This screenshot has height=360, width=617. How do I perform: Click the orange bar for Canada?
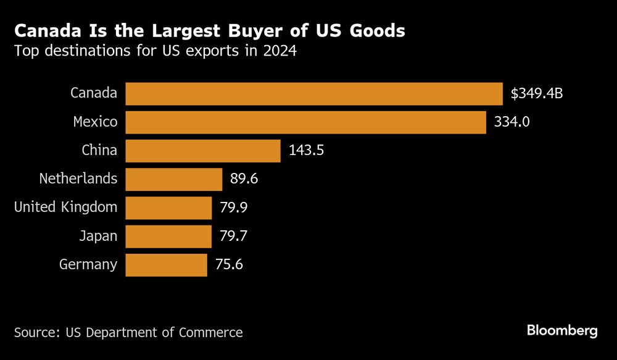314,94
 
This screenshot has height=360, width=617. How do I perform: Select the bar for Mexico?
306,122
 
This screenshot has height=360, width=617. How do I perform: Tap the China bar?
203,151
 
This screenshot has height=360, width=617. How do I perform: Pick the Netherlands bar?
174,179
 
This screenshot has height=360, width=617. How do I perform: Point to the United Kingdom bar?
168,207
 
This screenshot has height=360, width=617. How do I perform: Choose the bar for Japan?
168,236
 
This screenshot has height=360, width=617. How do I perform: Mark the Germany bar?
167,264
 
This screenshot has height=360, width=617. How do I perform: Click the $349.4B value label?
537,94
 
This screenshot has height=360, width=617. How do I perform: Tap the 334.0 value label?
511,122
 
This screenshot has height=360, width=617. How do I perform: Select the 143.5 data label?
306,151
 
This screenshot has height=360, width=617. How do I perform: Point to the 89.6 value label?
244,179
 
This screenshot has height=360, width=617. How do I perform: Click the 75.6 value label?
229,264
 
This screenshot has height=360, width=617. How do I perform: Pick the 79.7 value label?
234,236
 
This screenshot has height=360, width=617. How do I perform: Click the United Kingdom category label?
65,207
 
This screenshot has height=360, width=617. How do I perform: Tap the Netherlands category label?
78,179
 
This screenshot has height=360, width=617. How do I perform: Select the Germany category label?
88,264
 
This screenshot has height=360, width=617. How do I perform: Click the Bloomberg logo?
562,331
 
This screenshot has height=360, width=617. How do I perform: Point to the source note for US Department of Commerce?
128,332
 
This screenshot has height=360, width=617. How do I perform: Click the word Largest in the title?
164,31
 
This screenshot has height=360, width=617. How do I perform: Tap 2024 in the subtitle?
280,51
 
